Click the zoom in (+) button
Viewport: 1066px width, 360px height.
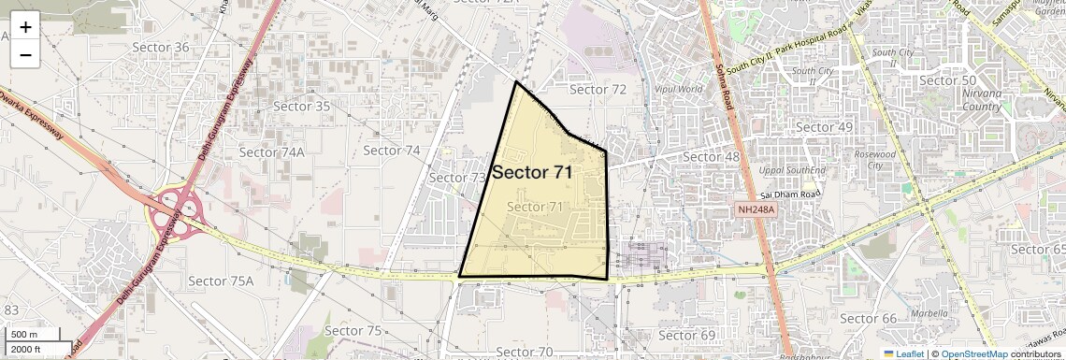pos(25,27)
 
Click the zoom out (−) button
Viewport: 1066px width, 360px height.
pos(25,54)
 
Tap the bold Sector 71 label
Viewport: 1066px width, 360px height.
pos(532,172)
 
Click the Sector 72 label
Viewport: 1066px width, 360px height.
pos(598,90)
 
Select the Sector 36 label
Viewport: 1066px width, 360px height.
pos(161,48)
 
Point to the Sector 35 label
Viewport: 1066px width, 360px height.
pos(301,107)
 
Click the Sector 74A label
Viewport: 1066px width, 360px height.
pos(271,151)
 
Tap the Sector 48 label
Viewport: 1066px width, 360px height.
pos(712,156)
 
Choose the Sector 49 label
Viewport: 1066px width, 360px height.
pos(824,127)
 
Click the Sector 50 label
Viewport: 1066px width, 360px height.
pos(948,80)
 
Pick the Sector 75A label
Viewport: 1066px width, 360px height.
pos(221,281)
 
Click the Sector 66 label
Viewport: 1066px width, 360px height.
pos(868,319)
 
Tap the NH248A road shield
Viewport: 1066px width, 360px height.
pos(756,209)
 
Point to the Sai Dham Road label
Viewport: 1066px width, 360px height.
pos(789,194)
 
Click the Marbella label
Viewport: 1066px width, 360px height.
pos(929,313)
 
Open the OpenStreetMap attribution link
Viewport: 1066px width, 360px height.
pos(974,354)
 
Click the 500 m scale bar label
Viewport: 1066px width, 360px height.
pos(25,335)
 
